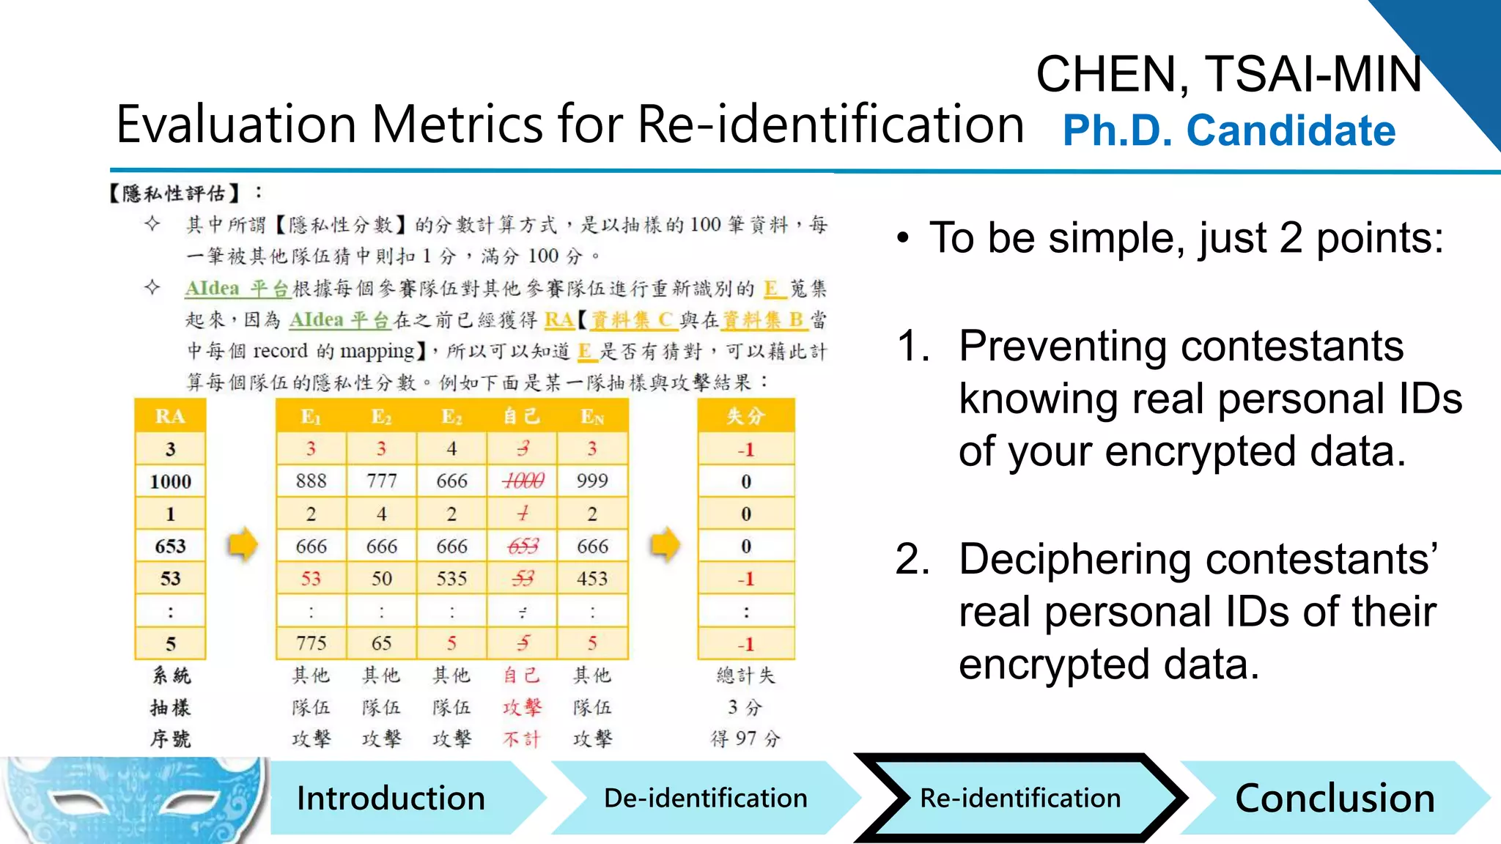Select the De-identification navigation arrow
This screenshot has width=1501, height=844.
click(x=705, y=798)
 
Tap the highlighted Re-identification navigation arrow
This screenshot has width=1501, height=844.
click(x=1019, y=798)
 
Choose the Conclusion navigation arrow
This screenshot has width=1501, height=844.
click(x=1334, y=798)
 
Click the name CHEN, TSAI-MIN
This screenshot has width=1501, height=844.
click(x=1228, y=74)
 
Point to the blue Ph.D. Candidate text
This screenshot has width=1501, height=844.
click(x=1228, y=130)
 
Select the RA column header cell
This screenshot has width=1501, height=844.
click(x=170, y=416)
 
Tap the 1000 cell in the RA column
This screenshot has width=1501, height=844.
click(x=170, y=481)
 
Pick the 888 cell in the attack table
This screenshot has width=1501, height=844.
click(x=311, y=481)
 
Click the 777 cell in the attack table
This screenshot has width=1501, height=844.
click(x=381, y=481)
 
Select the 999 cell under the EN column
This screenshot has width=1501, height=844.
click(x=592, y=481)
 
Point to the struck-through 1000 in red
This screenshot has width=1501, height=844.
click(x=523, y=481)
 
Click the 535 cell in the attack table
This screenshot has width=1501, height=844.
click(x=451, y=579)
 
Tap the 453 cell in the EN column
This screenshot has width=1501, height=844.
click(x=592, y=579)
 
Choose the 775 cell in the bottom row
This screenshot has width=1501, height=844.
click(x=311, y=643)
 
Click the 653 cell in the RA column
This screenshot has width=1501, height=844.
click(x=170, y=547)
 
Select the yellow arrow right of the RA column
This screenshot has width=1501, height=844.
click(x=243, y=544)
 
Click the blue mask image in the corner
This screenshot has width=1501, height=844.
click(x=132, y=800)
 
